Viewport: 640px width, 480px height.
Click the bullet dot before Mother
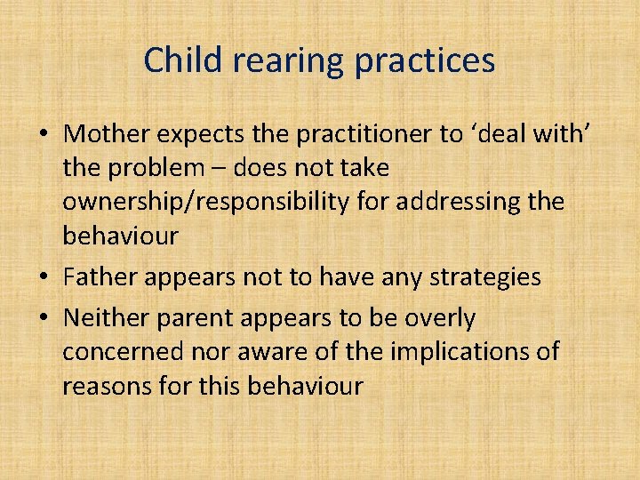(43, 135)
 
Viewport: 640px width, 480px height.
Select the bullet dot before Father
(43, 278)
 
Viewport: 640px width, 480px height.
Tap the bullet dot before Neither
(43, 318)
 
